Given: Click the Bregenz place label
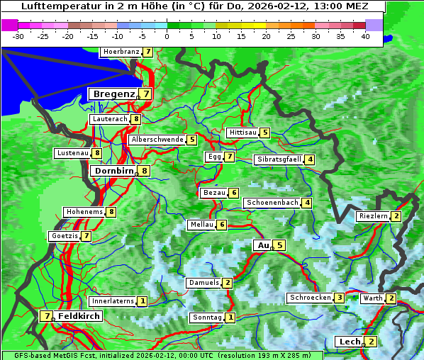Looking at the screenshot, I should click(113, 94).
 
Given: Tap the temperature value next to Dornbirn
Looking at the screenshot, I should click(145, 171).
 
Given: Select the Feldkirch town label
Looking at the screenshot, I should click(79, 316).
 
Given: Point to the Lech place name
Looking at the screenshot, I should click(350, 342).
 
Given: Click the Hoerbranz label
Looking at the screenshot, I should click(121, 52).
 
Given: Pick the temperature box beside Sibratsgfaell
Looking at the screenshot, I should click(310, 159).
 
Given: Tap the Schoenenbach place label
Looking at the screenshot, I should click(272, 203).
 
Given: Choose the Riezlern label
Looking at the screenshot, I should click(374, 216).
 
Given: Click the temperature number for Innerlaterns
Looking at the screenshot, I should click(143, 301).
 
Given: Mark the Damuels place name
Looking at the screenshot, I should click(203, 283).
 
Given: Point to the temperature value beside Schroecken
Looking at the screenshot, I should click(340, 298).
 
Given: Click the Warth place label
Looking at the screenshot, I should click(373, 298).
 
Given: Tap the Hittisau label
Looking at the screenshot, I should click(242, 133).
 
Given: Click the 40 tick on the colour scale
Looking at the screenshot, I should click(365, 36).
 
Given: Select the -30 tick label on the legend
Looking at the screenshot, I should click(18, 36).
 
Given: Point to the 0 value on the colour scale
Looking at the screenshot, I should click(167, 36).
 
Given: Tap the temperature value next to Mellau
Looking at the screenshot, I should click(222, 225).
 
